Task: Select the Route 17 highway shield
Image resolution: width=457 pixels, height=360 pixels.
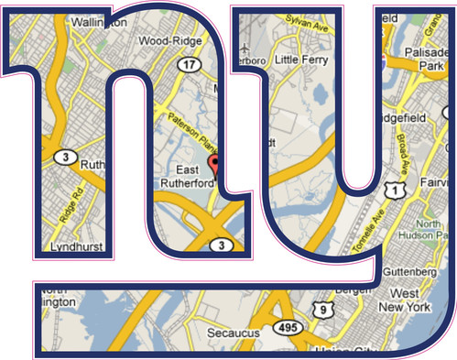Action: point(190,64)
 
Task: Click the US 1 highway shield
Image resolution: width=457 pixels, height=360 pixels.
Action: point(394,189)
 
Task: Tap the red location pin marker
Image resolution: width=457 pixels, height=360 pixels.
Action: point(216,165)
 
